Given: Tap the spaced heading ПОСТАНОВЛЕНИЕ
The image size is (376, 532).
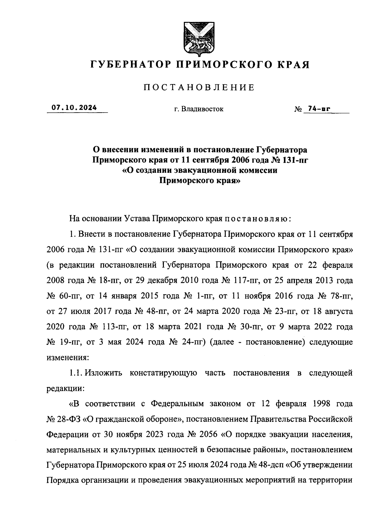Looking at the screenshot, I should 199,88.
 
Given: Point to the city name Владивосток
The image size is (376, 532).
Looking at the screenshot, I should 203,109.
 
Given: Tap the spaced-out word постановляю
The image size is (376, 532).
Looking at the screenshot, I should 256,219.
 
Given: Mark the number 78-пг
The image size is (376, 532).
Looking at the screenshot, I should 341,296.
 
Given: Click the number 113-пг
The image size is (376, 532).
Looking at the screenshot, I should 114,327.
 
